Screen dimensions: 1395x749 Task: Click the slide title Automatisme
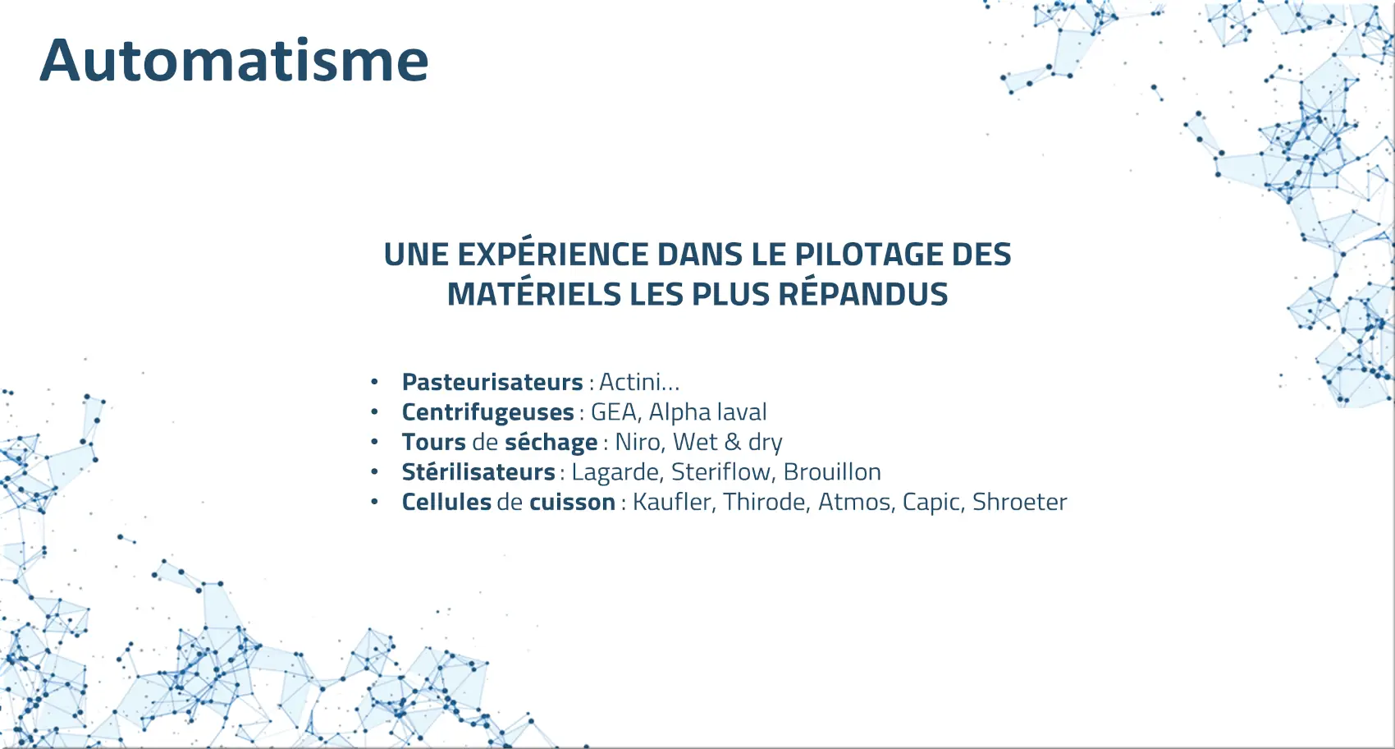tap(234, 61)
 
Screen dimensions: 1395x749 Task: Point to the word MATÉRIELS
tap(534, 293)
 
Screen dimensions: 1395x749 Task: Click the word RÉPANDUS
tap(863, 293)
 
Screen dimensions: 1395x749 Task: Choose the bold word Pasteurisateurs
tap(492, 382)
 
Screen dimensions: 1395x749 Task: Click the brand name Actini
tap(629, 381)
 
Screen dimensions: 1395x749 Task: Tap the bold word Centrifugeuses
tap(487, 412)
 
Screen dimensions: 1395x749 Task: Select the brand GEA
tap(614, 412)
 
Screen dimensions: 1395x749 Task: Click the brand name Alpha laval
tap(708, 412)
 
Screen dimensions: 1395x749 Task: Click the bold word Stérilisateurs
tap(478, 471)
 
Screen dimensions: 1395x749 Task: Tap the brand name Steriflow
tap(721, 471)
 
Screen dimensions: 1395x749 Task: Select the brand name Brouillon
tap(832, 471)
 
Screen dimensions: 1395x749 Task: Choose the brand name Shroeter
tap(1019, 502)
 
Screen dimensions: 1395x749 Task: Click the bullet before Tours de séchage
tap(374, 442)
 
